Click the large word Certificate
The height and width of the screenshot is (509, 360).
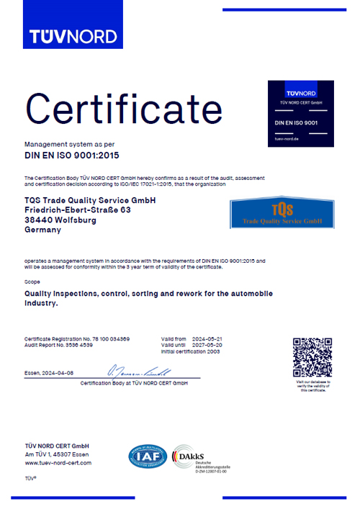point(124,108)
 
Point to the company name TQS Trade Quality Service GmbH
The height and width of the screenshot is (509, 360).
point(90,199)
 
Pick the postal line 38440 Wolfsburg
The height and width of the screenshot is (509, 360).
point(60,220)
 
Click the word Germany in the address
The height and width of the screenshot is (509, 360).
point(43,230)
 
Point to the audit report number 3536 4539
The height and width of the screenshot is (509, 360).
point(91,345)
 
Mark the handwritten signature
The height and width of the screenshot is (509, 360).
point(138,372)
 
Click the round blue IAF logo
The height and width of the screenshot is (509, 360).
point(147,457)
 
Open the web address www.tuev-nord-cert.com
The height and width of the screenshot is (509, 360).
point(58,463)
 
